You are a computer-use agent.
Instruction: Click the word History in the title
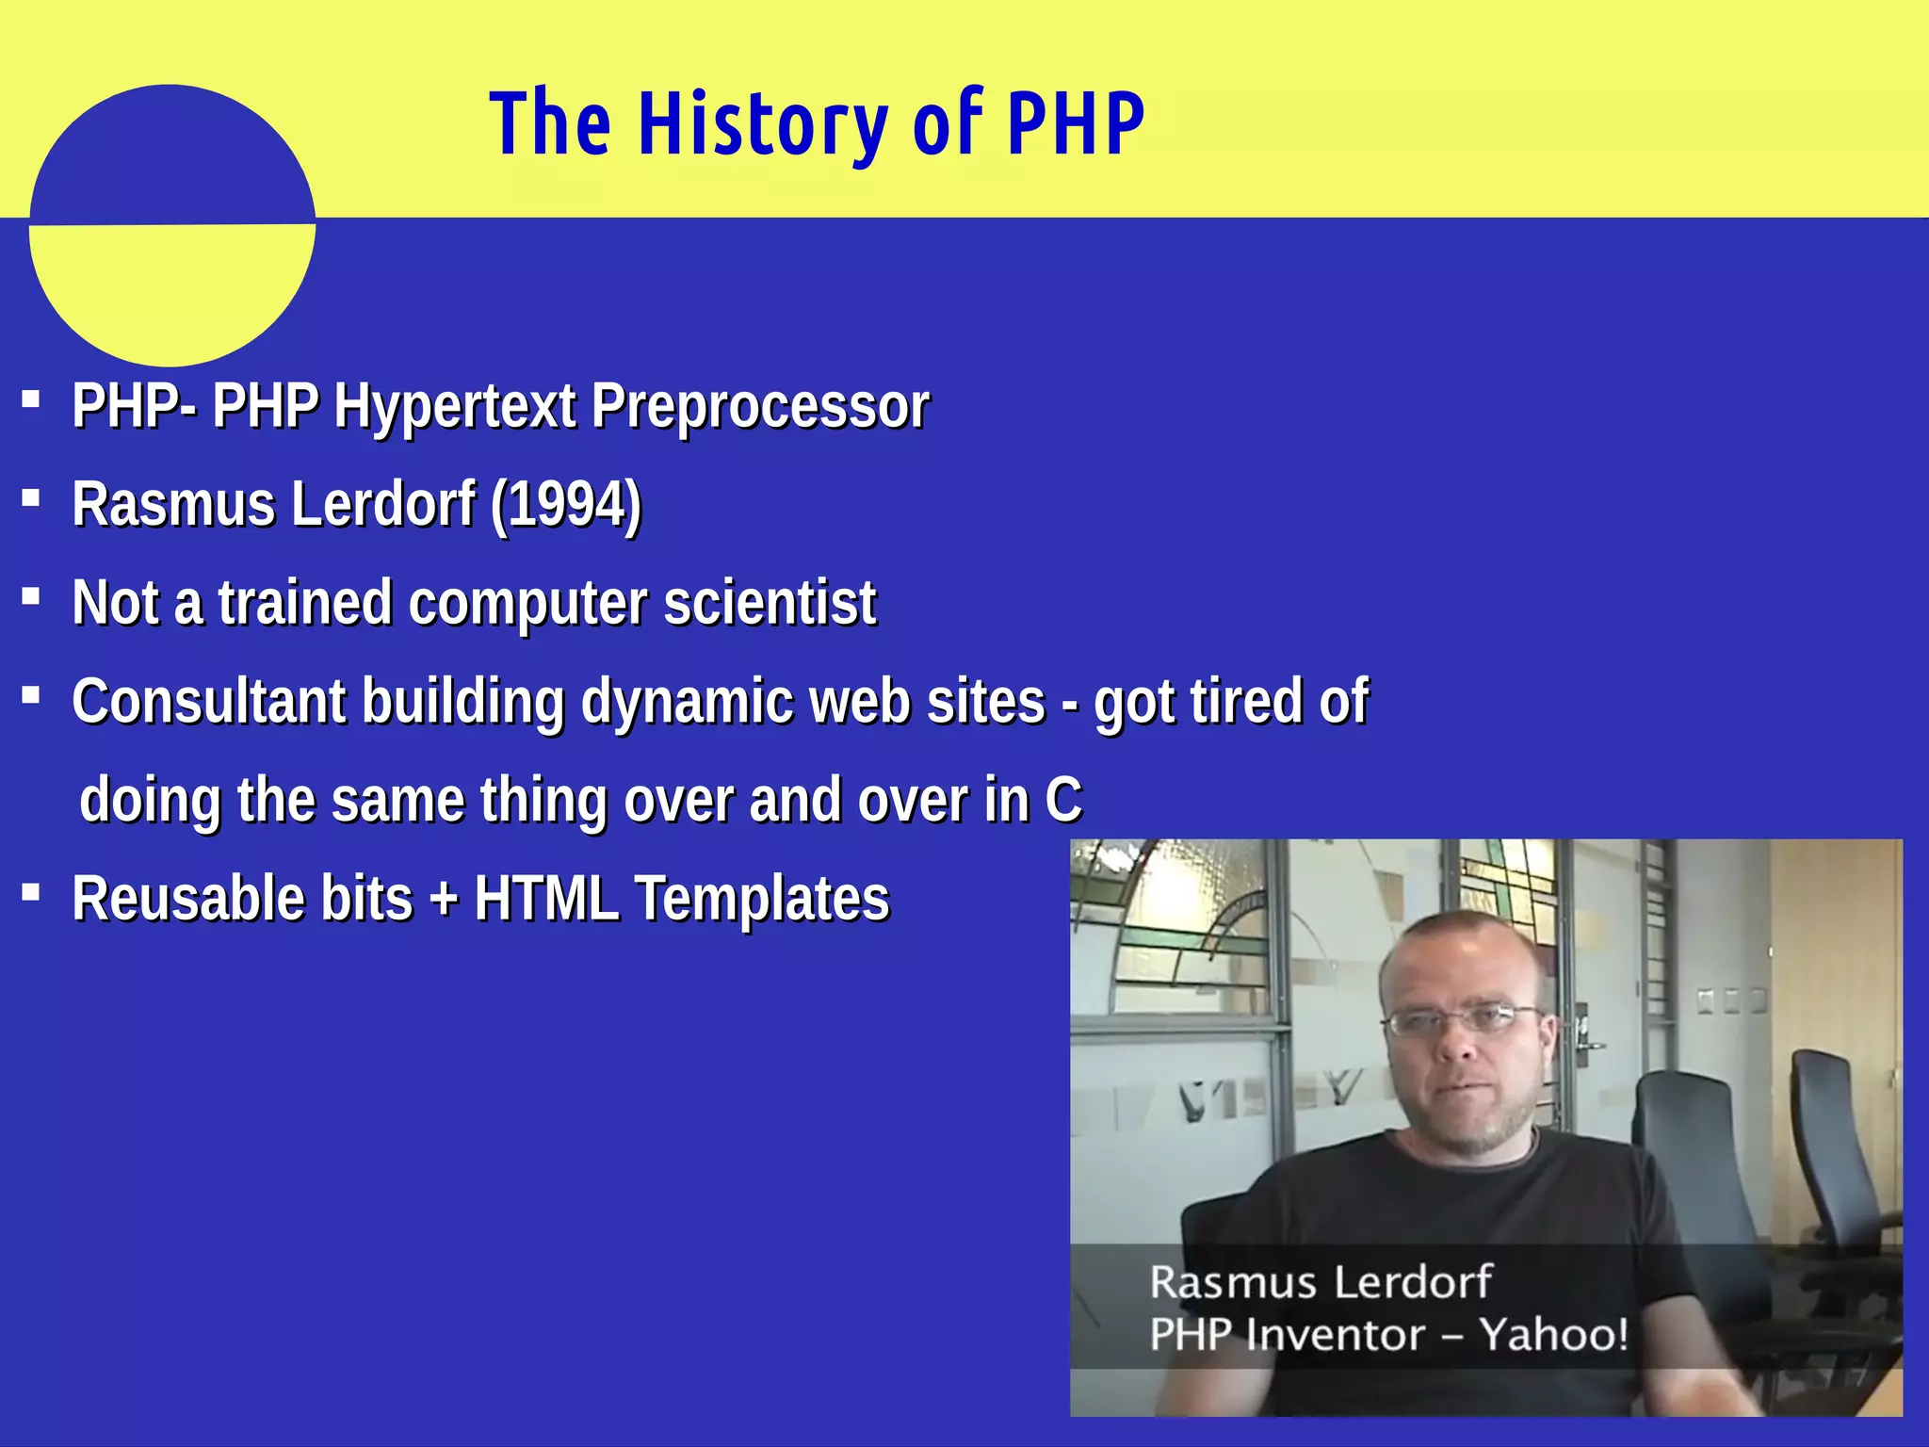[x=763, y=124]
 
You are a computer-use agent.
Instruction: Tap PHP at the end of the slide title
[x=1076, y=124]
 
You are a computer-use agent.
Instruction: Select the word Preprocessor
[x=759, y=408]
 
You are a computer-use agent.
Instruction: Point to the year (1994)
[x=565, y=505]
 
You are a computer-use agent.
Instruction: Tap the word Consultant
[x=209, y=702]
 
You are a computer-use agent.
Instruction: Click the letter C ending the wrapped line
[x=1062, y=801]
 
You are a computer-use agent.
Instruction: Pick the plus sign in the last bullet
[x=443, y=899]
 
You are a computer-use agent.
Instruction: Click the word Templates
[x=761, y=899]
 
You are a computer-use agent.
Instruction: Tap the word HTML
[x=546, y=899]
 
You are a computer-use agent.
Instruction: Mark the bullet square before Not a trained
[x=31, y=595]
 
